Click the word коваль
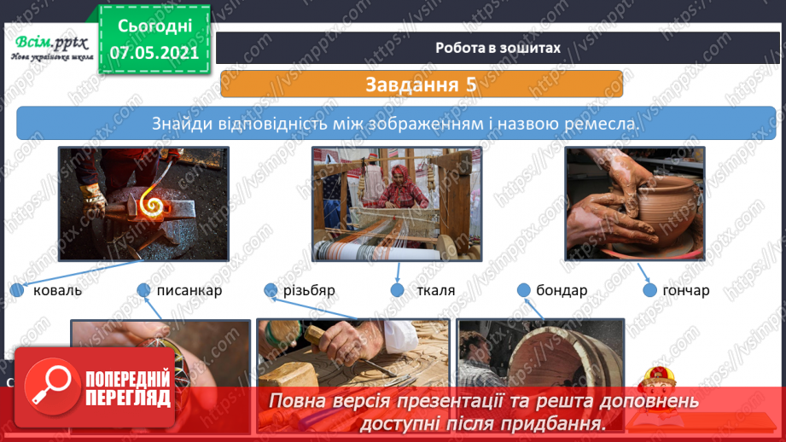pyautogui.click(x=57, y=291)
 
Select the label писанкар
pyautogui.click(x=189, y=291)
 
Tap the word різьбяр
pyautogui.click(x=310, y=291)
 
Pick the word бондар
pyautogui.click(x=562, y=291)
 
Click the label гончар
pyautogui.click(x=685, y=291)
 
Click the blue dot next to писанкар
pyautogui.click(x=144, y=291)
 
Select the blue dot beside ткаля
pyautogui.click(x=398, y=291)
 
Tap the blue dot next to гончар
pyautogui.click(x=649, y=291)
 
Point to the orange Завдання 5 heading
pyautogui.click(x=421, y=84)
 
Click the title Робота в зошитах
pyautogui.click(x=498, y=48)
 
